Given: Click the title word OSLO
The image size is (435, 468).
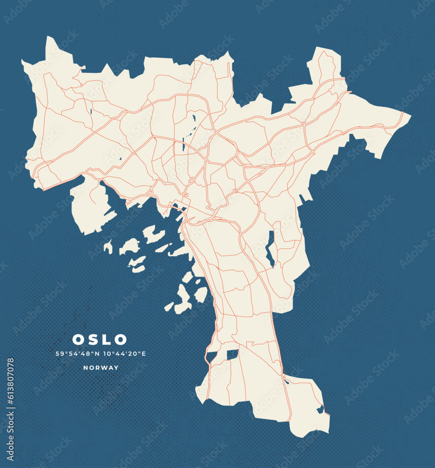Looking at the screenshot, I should tap(99, 339).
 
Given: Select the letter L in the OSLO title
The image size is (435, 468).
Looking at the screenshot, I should tap(106, 339).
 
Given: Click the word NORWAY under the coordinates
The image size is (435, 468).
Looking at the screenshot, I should tap(101, 368).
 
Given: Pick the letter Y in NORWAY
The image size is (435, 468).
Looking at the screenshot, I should tap(117, 368).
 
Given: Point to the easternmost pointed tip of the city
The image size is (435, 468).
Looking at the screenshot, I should tap(410, 115).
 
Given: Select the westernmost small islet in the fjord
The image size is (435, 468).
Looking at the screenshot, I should tap(108, 246).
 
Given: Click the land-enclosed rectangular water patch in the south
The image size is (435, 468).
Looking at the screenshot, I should tap(233, 355).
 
